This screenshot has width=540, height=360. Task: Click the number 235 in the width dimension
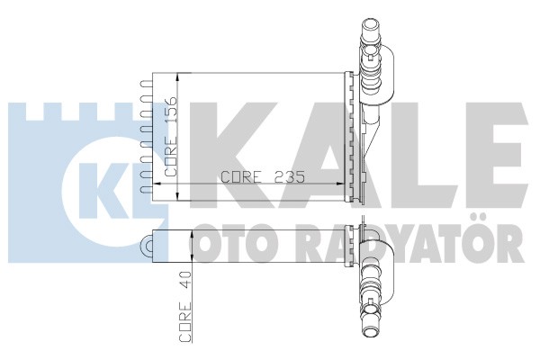tap(289, 177)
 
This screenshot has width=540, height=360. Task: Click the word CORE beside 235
tap(240, 177)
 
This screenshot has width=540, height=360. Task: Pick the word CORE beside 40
tap(184, 322)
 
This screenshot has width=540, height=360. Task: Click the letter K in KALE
tap(229, 155)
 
